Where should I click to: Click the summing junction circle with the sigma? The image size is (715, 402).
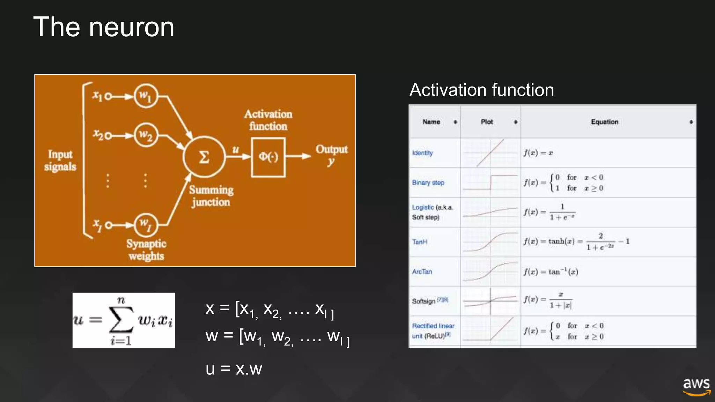coord(204,157)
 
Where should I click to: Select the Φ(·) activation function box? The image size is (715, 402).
coord(268,157)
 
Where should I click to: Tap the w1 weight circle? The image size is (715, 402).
coord(146,96)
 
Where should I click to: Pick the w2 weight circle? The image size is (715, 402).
coord(146,135)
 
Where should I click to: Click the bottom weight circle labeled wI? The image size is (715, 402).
coord(146,225)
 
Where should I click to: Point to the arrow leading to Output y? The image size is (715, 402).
coord(298,156)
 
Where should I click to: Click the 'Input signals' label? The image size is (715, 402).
coord(60,161)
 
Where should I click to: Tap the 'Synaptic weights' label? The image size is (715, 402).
coord(146,250)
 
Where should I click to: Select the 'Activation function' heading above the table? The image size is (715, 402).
coord(481,90)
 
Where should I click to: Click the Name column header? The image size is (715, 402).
coord(431,122)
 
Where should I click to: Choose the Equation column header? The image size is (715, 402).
coord(604,122)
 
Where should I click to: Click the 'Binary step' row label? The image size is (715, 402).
coord(428,183)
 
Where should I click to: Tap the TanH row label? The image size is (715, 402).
coord(419,242)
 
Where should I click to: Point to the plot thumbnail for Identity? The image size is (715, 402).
coord(490,153)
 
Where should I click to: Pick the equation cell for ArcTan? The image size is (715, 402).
coord(551,271)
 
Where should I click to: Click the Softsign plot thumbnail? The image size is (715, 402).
coord(490,301)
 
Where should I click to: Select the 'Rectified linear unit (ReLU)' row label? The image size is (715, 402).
coord(433,331)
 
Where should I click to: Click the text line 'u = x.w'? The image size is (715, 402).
coord(234,369)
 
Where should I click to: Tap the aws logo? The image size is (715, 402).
coord(696,387)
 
